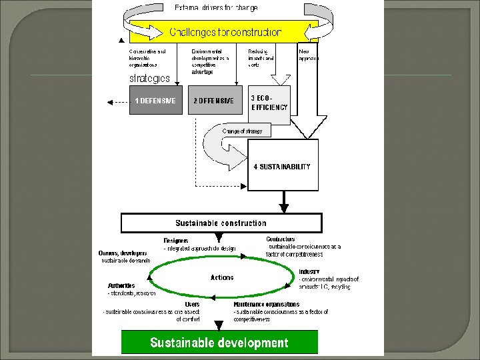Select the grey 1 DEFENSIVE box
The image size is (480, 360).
coord(155,101)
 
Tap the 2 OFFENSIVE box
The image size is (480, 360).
coord(213,101)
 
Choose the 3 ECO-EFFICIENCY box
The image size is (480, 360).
coord(269,103)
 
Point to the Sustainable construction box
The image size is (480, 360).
coord(221,223)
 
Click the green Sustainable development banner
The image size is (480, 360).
coord(219,343)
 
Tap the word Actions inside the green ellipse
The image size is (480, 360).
coord(222,277)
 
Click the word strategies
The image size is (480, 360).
coord(149,79)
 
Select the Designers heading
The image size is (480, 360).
coord(176,241)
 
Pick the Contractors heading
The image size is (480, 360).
coord(281,239)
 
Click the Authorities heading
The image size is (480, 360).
coord(121,286)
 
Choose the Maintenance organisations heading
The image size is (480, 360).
coord(266,305)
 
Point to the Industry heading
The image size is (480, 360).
coord(309,272)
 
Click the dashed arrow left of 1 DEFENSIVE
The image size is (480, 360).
coord(117,101)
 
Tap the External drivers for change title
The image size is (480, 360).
coord(216,8)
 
